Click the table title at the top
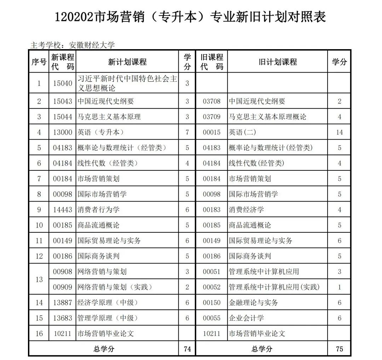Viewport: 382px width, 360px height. tap(191, 17)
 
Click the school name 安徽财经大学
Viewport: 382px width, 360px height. tap(92, 45)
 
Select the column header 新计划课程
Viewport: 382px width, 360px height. tap(127, 62)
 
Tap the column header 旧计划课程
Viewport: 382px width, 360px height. tap(278, 62)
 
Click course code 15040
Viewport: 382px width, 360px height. tap(63, 83)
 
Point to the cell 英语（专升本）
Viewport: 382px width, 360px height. tap(101, 132)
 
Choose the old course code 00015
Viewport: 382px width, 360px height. tap(212, 132)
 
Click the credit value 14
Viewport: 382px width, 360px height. tap(339, 132)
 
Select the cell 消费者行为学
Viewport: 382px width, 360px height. tap(99, 210)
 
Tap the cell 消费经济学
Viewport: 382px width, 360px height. tap(246, 210)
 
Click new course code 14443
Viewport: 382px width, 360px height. tap(63, 210)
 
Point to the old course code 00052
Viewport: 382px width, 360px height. tap(212, 287)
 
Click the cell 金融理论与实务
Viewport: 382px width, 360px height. tap(253, 303)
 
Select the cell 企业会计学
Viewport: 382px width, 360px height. tap(246, 318)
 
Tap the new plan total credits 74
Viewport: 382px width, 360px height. tap(187, 349)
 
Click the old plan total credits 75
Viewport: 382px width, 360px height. tap(339, 349)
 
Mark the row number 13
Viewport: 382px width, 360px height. tap(39, 279)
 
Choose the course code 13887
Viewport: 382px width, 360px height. tap(63, 303)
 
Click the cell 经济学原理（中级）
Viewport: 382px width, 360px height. tap(108, 303)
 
